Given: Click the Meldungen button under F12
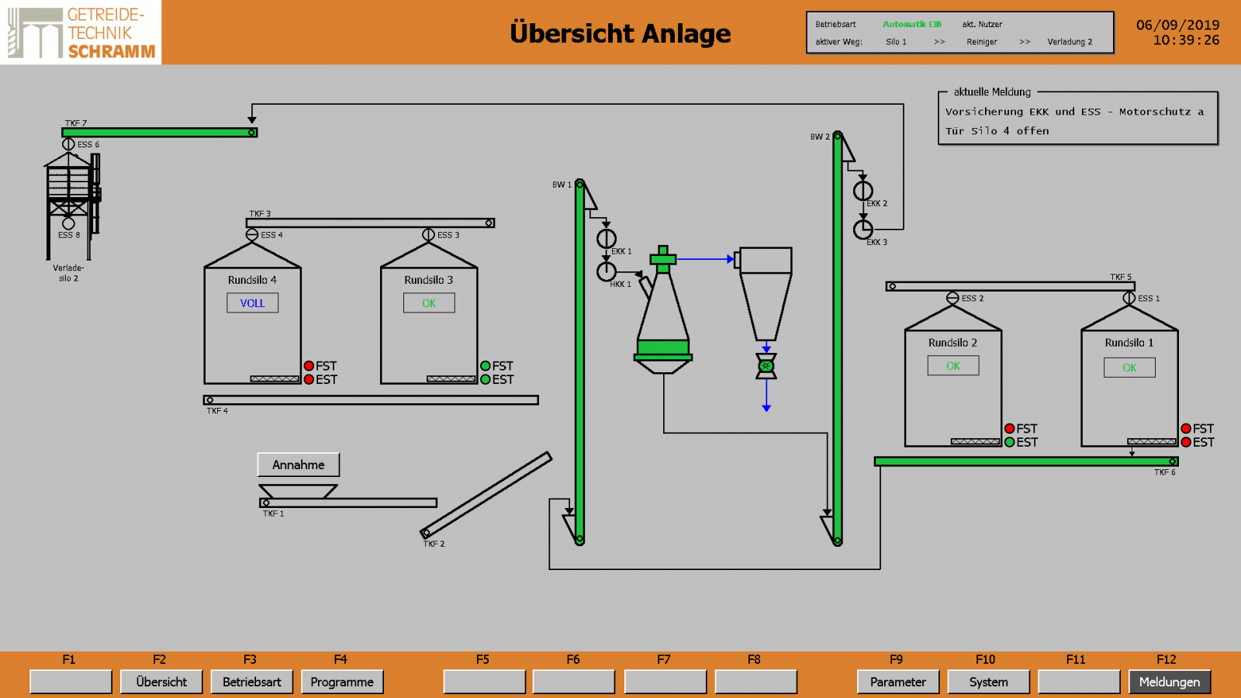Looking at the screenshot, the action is (1170, 682).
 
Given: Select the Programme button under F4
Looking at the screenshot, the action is (342, 682).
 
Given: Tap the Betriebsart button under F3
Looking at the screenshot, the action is (251, 682).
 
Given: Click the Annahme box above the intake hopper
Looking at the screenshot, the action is (298, 465).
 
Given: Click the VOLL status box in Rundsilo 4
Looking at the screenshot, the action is (253, 303).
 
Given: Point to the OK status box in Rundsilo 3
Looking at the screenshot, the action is (430, 303).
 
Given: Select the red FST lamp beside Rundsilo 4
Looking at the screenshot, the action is (309, 365).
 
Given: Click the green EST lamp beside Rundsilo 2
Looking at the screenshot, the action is (1009, 442).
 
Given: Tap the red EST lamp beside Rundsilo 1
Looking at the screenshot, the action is (1186, 442).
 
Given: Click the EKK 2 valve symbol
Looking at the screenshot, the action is (862, 191).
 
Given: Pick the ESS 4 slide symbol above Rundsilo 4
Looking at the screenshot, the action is (252, 235).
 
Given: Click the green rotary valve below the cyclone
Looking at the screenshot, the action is (766, 366).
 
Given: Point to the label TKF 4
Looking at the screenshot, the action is (217, 411).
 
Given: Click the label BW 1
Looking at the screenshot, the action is (562, 185).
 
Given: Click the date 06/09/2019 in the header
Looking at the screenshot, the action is (1178, 25).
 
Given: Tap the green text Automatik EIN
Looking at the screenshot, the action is (912, 24).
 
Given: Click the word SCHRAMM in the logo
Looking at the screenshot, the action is (112, 51).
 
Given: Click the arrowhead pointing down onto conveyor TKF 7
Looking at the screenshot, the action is (252, 119).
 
